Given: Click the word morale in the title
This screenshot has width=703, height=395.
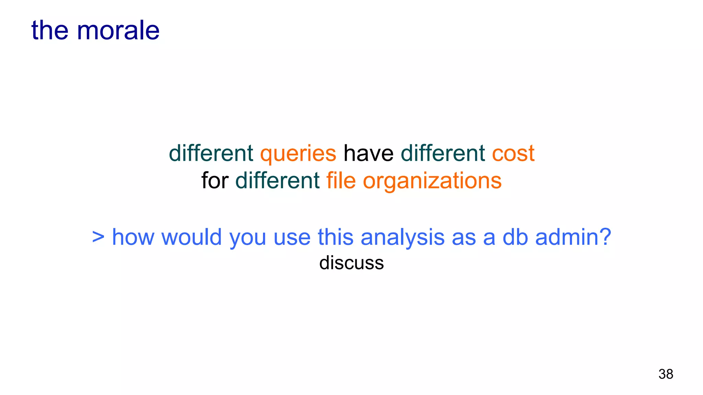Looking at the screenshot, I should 118,31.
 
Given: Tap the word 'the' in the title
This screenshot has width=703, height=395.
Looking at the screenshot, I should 50,31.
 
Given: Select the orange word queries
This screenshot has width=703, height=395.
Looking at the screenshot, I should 298,153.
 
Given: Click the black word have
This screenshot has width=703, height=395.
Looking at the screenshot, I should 368,153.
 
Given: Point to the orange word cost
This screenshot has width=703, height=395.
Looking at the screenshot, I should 513,153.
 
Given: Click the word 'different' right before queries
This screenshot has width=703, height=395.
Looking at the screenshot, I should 211,153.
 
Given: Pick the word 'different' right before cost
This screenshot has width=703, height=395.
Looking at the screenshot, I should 443,153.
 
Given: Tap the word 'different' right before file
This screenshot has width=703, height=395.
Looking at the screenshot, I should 277,181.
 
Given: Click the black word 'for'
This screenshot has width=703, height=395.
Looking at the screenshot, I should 215,181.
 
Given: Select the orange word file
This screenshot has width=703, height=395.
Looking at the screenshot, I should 341,181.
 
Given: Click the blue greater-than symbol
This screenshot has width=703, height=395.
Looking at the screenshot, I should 98,237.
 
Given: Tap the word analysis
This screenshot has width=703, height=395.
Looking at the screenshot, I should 403,237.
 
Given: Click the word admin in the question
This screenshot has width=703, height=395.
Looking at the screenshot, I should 573,237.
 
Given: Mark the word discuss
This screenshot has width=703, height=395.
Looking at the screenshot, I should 351,263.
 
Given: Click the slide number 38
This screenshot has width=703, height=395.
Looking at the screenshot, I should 666,374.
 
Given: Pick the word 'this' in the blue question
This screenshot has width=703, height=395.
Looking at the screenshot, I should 335,237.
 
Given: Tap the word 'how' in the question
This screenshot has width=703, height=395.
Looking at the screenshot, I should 133,237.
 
